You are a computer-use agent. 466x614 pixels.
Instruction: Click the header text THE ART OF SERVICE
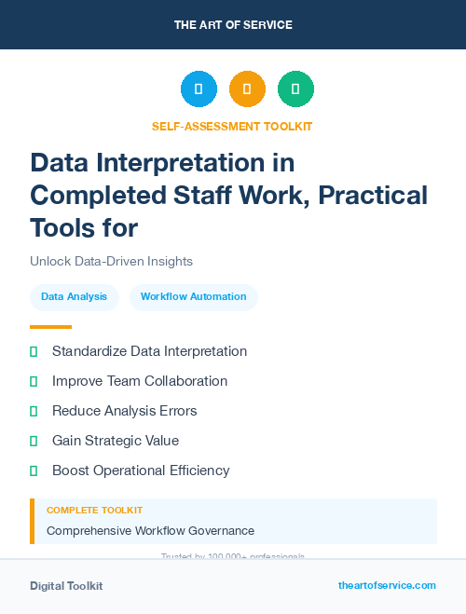[233, 25]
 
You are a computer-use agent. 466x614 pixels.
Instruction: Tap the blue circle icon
[199, 89]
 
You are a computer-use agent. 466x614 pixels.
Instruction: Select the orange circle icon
[247, 89]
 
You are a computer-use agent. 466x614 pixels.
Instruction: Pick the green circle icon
[295, 89]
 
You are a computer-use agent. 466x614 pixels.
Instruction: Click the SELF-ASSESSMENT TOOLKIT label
[232, 126]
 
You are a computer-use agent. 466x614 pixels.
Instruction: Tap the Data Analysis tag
[75, 297]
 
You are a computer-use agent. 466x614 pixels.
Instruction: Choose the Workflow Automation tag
[193, 297]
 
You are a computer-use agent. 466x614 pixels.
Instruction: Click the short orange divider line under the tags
[50, 327]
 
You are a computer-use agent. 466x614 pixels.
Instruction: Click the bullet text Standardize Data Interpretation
[149, 351]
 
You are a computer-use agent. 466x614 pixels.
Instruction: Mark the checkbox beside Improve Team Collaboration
[34, 381]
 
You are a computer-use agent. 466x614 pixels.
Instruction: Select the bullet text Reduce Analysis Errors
[124, 411]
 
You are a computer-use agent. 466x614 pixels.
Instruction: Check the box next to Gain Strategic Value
[34, 441]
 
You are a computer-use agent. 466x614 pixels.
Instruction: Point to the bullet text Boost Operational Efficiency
[141, 471]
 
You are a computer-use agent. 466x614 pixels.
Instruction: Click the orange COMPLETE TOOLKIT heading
[94, 511]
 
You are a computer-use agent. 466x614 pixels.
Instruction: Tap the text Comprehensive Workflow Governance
[150, 530]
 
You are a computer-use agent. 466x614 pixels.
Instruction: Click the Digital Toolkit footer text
[66, 586]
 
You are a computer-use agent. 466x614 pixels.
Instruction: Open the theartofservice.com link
[387, 585]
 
